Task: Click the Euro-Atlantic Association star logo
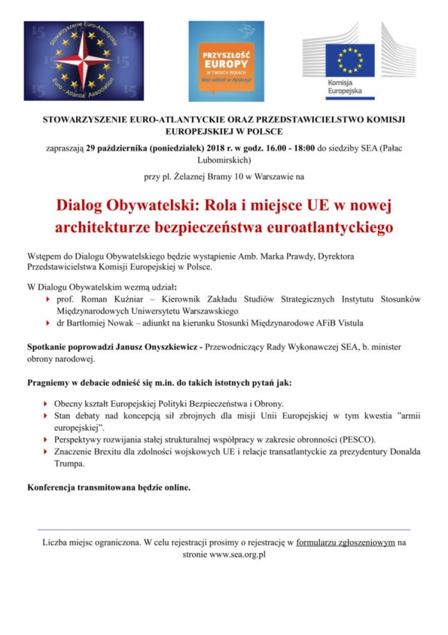tap(84, 60)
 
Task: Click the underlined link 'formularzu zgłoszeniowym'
tap(345, 542)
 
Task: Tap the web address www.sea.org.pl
tap(237, 555)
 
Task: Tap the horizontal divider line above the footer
tap(224, 529)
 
